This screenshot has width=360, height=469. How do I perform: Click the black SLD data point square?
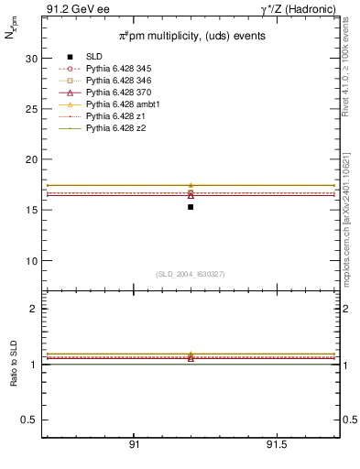click(x=191, y=207)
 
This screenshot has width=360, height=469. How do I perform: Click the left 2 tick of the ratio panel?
click(x=33, y=309)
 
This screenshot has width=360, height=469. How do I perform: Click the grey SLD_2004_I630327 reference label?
click(x=191, y=274)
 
